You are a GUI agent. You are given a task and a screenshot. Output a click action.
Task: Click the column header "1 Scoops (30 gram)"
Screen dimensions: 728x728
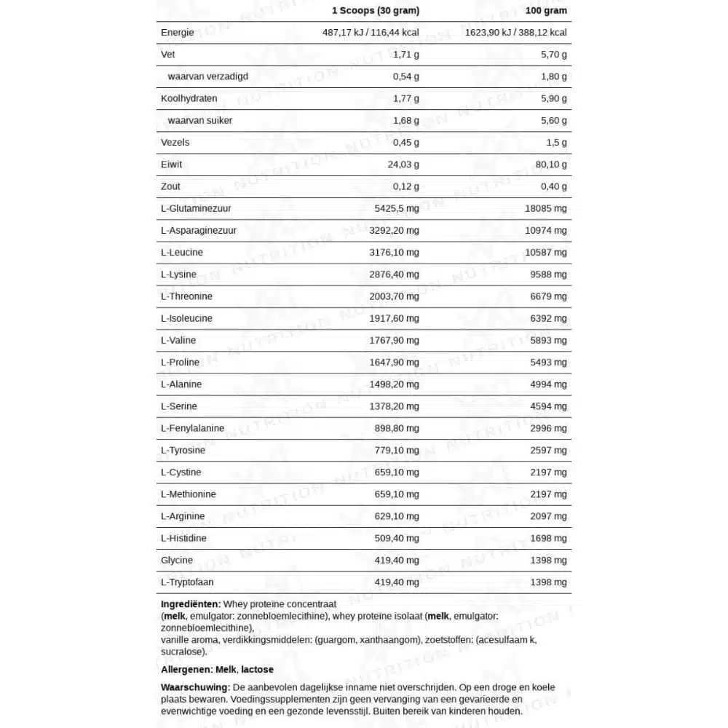[375, 11]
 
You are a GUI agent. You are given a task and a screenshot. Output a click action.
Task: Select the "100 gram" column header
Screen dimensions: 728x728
[545, 11]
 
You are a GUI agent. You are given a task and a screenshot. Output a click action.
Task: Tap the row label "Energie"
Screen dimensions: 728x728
[178, 33]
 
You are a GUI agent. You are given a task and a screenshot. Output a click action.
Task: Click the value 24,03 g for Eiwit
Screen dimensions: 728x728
[403, 165]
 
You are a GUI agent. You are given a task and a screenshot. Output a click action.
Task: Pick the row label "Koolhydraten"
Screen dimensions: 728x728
[189, 98]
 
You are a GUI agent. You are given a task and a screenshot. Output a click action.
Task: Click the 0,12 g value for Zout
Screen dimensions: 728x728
[406, 186]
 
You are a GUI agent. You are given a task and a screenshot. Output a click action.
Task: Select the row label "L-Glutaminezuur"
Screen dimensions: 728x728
[197, 208]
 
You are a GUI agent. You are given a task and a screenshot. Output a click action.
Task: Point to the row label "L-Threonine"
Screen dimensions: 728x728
[186, 296]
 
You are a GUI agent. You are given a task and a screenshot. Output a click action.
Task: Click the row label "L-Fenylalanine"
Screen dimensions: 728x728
[192, 428]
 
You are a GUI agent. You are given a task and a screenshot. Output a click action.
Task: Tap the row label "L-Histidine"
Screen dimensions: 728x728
[183, 538]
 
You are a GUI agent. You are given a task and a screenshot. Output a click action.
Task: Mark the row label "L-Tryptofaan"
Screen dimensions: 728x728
[187, 582]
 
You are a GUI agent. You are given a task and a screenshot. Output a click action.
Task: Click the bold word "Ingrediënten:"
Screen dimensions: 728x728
[190, 604]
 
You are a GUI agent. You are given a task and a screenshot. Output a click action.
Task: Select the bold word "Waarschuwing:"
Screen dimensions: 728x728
[194, 687]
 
